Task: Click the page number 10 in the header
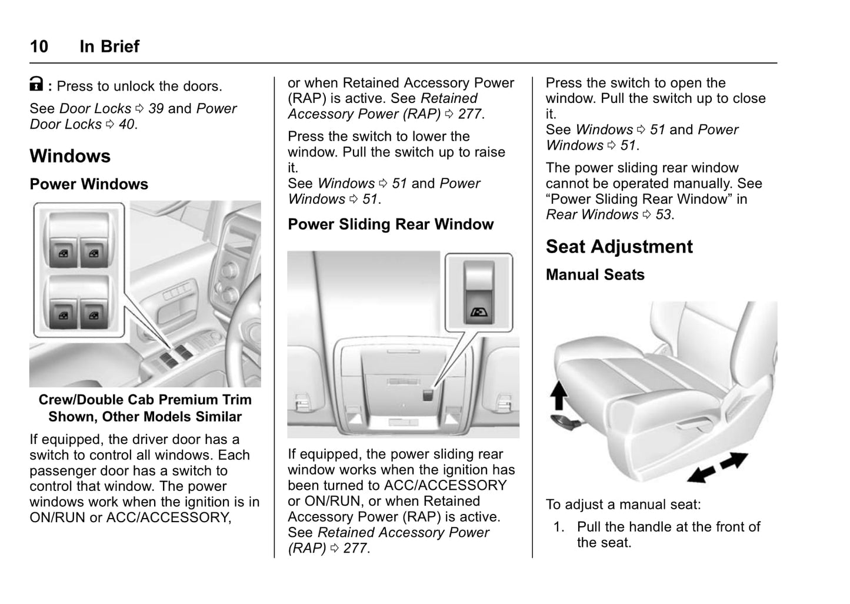[39, 47]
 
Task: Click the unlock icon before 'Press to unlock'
[36, 85]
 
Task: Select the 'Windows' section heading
[70, 156]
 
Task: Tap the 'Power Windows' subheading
[89, 184]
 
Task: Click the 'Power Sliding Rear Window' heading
[391, 224]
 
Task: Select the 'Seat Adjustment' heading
[619, 247]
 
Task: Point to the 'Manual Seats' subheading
[595, 275]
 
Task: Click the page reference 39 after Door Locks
[156, 109]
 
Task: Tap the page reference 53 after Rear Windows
[664, 215]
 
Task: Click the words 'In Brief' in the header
[109, 47]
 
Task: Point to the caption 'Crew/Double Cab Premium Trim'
[145, 400]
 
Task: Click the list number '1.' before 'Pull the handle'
[559, 527]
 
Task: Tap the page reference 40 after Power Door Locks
[126, 125]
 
